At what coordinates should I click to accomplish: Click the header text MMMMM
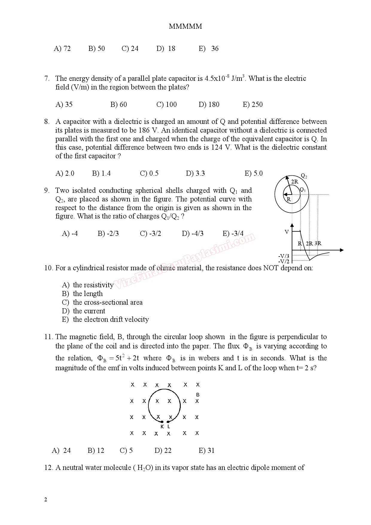185,26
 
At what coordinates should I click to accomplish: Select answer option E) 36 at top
209,48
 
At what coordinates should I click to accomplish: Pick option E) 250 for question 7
253,104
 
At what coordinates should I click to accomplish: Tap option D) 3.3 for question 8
195,173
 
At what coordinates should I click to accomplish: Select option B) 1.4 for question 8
101,173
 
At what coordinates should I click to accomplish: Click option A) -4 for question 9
70,233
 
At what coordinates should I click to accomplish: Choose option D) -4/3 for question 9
192,233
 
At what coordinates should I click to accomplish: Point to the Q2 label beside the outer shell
304,176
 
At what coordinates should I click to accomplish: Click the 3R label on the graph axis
318,243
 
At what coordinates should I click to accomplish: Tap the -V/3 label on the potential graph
284,256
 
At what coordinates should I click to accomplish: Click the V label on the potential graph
287,232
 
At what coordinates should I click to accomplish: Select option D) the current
83,311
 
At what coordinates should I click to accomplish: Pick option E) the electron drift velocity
105,319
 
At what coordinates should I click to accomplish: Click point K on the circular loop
162,422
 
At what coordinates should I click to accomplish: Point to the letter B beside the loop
197,395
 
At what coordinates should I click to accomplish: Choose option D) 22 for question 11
163,450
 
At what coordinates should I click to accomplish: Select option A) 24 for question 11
61,450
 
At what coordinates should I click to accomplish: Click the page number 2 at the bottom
45,500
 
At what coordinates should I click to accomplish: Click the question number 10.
48,268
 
